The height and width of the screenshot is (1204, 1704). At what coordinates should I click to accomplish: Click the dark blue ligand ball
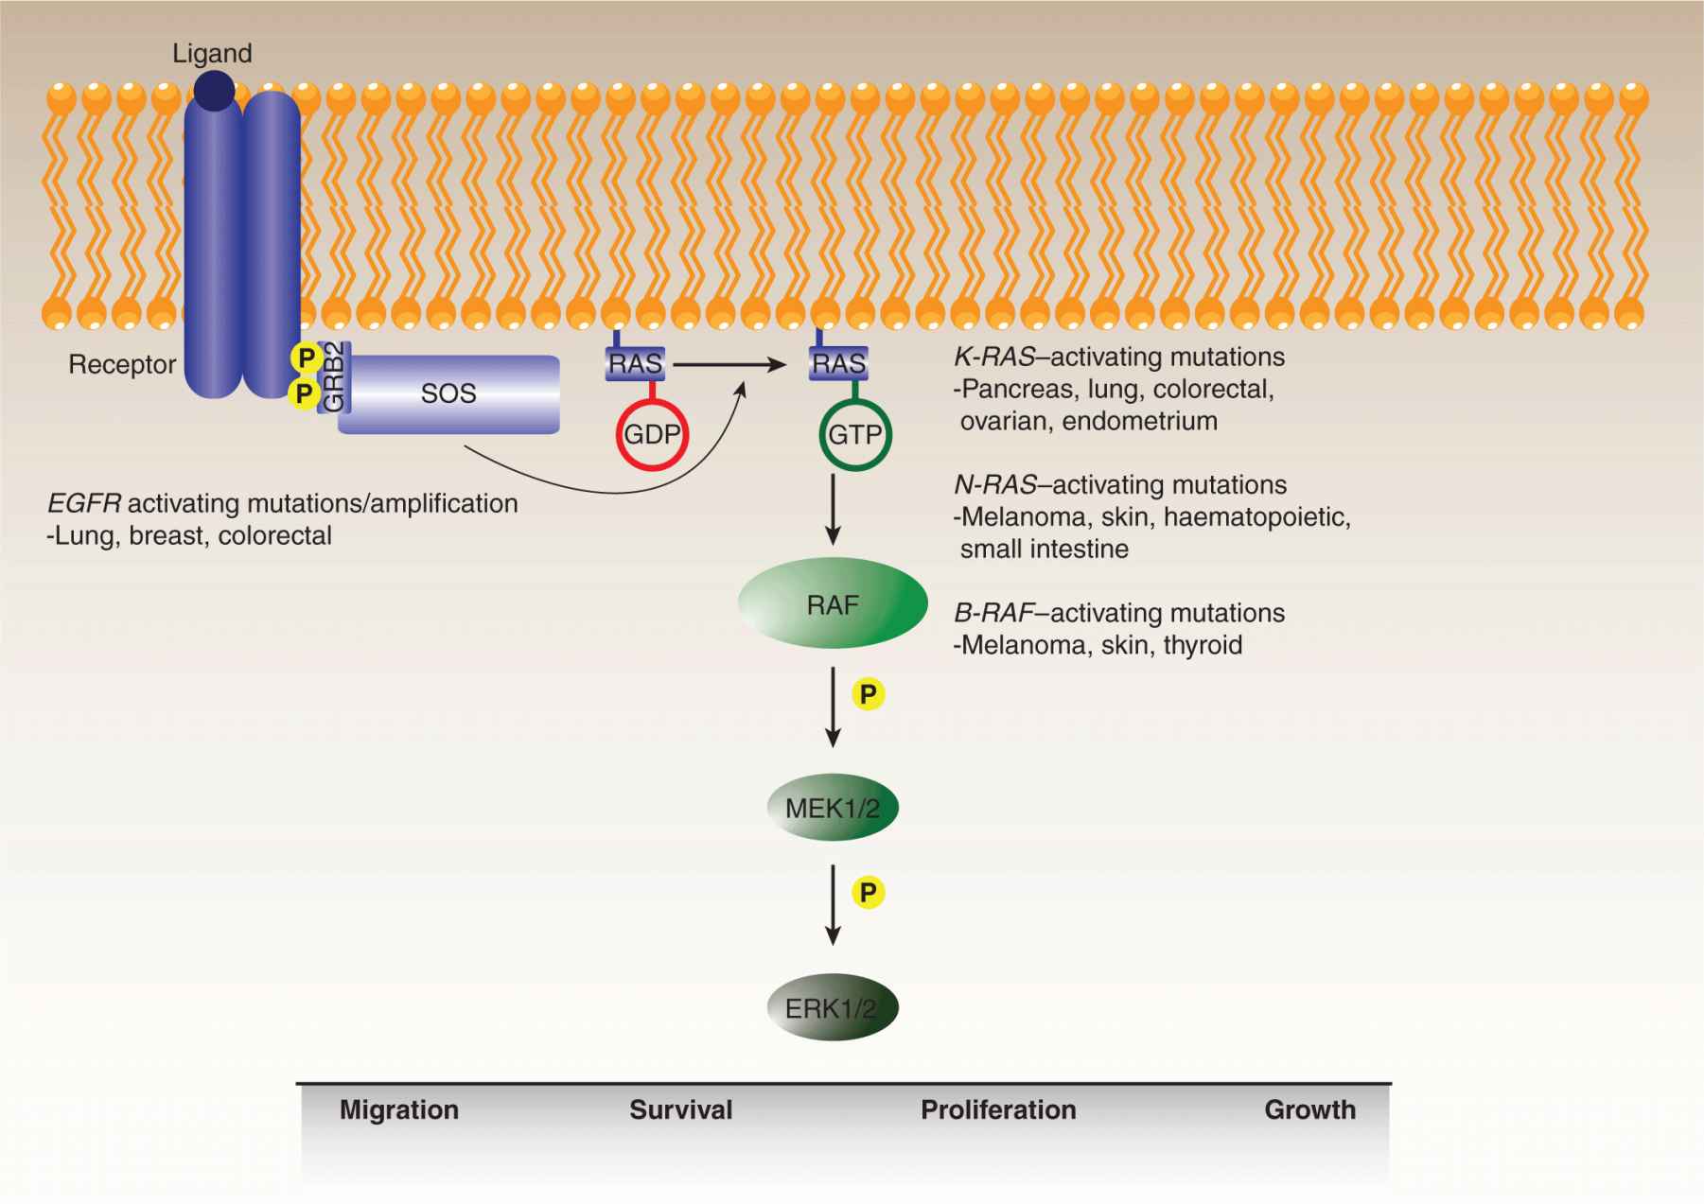[x=215, y=90]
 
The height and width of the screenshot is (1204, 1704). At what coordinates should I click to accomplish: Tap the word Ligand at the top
[x=212, y=54]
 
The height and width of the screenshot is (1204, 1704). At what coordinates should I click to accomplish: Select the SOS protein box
[x=448, y=394]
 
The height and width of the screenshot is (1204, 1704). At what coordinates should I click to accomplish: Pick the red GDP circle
[x=652, y=434]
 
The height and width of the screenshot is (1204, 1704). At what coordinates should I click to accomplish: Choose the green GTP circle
[x=854, y=434]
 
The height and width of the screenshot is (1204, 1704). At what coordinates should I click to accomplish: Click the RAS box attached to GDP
[x=635, y=363]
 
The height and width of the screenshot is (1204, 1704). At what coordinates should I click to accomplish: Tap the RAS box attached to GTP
[x=838, y=363]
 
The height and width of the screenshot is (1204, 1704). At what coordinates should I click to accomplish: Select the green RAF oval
[x=833, y=604]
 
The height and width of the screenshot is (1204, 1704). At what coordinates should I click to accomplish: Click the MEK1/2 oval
[x=833, y=809]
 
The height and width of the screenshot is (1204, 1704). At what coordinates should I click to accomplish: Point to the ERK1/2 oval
[x=832, y=1008]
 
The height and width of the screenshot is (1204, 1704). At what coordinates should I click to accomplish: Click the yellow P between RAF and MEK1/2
[x=868, y=695]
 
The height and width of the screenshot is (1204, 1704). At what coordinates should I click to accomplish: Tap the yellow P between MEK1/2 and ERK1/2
[x=868, y=892]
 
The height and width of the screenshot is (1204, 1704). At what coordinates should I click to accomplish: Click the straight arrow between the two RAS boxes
[x=729, y=363]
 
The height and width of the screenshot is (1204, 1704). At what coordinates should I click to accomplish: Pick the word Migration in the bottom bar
[x=399, y=1109]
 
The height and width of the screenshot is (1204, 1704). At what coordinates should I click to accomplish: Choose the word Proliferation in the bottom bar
[x=998, y=1109]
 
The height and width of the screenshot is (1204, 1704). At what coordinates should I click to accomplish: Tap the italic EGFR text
[x=83, y=503]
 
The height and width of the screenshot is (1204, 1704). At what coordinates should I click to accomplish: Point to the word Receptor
[x=122, y=364]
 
